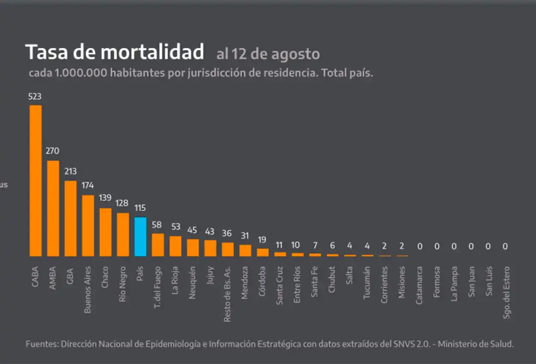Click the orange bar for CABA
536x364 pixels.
(x=36, y=180)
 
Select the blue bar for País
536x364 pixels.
(x=141, y=237)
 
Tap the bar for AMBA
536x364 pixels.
(x=53, y=208)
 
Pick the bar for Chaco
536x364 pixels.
(x=105, y=232)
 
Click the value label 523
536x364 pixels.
(x=35, y=97)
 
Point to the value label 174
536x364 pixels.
(x=87, y=186)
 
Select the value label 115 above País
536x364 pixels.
(x=140, y=208)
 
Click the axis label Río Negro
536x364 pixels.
(x=123, y=284)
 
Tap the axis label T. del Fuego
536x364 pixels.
(x=158, y=287)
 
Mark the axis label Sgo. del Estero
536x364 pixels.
(x=507, y=292)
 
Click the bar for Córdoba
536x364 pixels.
(x=263, y=252)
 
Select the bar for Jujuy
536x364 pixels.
(x=210, y=248)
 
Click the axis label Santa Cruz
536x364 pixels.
(x=280, y=286)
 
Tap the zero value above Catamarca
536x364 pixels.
(x=420, y=247)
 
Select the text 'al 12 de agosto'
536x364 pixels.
(x=268, y=54)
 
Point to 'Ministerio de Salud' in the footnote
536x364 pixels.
(x=476, y=344)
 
